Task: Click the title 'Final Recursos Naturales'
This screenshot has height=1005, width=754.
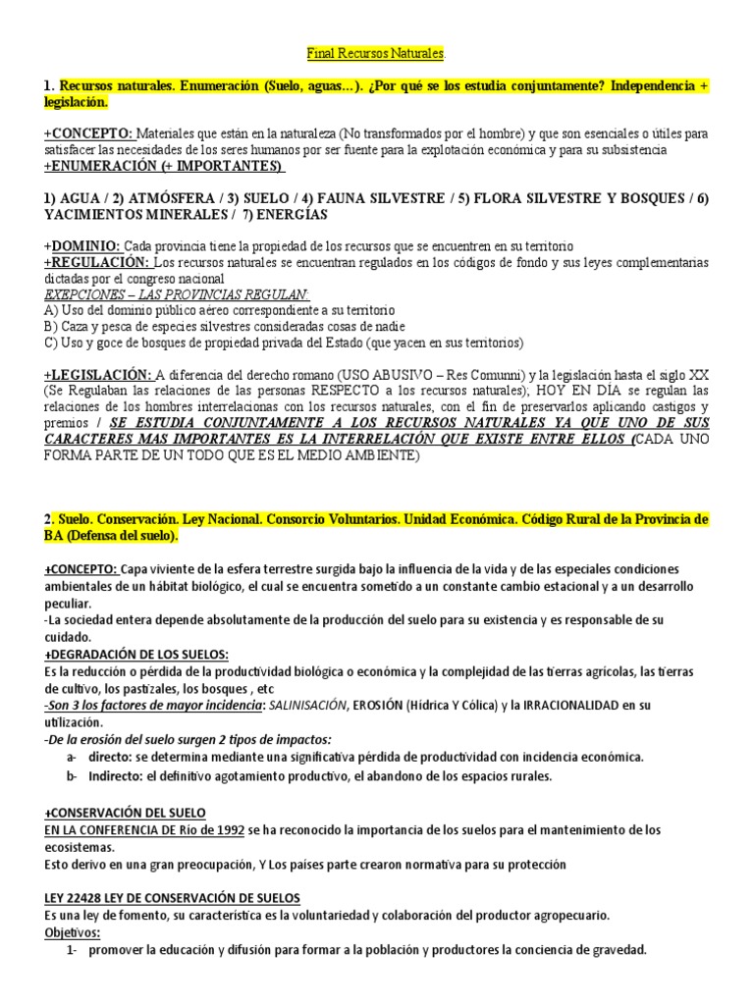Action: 376,51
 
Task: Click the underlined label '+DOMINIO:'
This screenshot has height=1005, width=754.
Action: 81,245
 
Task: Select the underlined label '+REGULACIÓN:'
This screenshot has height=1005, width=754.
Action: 96,262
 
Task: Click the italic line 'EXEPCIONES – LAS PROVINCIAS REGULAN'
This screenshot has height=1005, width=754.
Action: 177,293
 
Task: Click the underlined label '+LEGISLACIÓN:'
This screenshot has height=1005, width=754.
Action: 97,374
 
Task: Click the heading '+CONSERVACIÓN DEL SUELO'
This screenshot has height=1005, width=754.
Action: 124,813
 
